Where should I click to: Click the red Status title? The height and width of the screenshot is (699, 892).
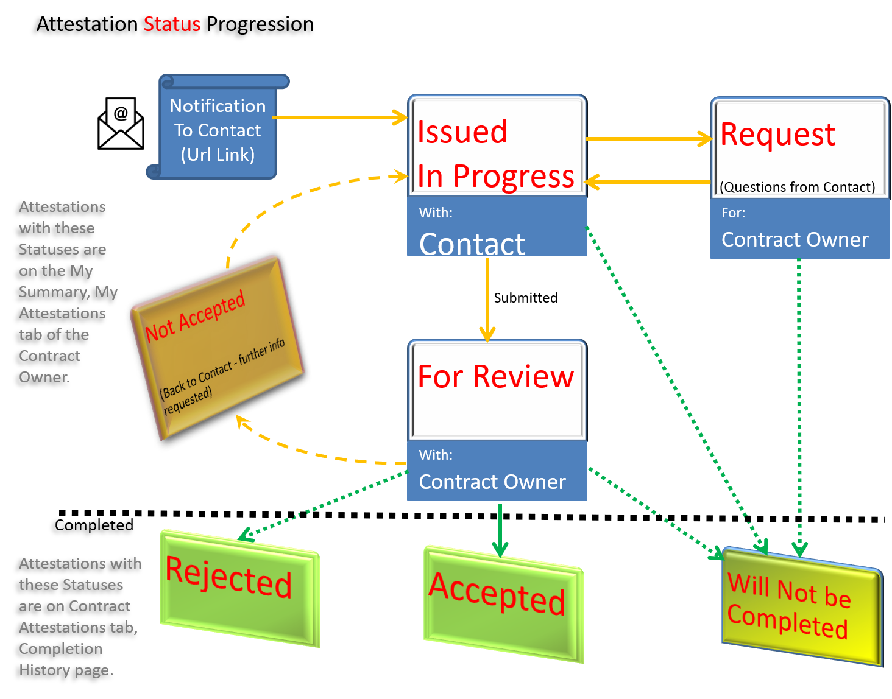tap(172, 24)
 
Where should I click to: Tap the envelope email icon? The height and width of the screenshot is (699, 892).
tap(121, 124)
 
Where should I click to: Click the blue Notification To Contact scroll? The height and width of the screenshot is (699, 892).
tap(218, 130)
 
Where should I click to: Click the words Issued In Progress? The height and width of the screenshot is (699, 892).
tap(495, 153)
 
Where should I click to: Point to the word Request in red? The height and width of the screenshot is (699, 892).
tap(777, 135)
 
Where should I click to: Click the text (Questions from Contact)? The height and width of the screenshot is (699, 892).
tap(797, 187)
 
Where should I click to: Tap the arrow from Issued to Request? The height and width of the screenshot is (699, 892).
tap(648, 139)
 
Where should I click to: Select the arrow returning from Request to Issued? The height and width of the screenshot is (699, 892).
tap(648, 181)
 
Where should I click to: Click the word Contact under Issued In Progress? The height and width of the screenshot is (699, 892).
tap(472, 244)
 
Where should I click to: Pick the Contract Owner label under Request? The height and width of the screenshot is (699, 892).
tap(795, 240)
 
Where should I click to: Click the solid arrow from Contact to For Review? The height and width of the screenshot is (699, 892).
tap(487, 298)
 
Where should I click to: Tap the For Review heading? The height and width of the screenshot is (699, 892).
tap(495, 376)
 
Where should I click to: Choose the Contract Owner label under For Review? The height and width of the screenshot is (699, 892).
tap(492, 482)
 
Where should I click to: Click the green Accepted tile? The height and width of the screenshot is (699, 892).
tap(503, 603)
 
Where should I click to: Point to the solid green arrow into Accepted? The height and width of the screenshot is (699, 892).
tap(500, 530)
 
